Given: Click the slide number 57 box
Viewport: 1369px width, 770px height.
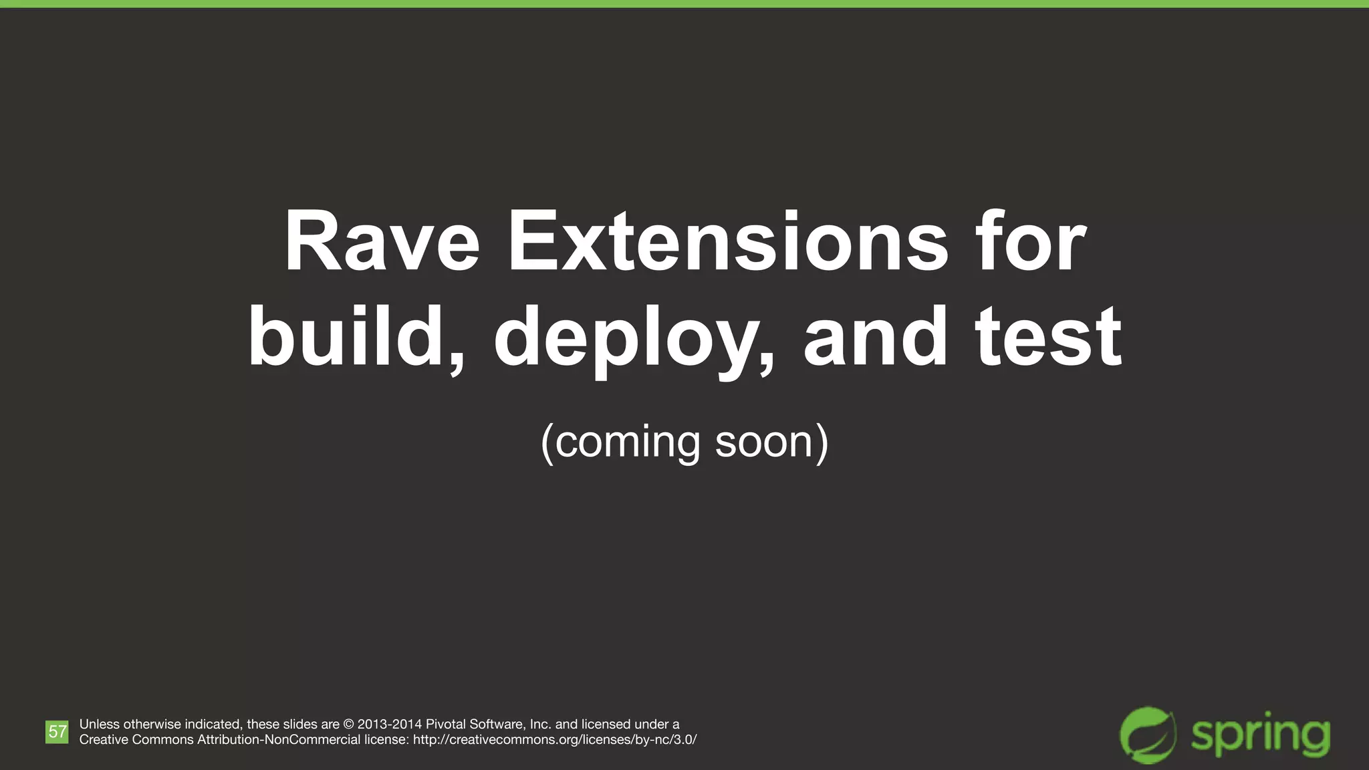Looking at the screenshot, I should [x=57, y=731].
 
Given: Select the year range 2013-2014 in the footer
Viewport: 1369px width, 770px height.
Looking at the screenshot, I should [x=390, y=724].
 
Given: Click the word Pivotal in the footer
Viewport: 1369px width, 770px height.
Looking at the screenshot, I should [x=446, y=724].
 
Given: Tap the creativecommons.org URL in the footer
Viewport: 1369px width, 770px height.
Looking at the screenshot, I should [x=555, y=740].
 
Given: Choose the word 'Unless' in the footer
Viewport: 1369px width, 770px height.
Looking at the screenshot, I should [x=100, y=724].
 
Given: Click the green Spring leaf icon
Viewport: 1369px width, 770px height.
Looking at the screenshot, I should [x=1148, y=735].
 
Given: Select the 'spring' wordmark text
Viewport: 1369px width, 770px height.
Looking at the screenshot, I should [x=1260, y=735].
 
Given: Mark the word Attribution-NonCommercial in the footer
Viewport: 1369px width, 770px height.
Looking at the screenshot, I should [x=279, y=740].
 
